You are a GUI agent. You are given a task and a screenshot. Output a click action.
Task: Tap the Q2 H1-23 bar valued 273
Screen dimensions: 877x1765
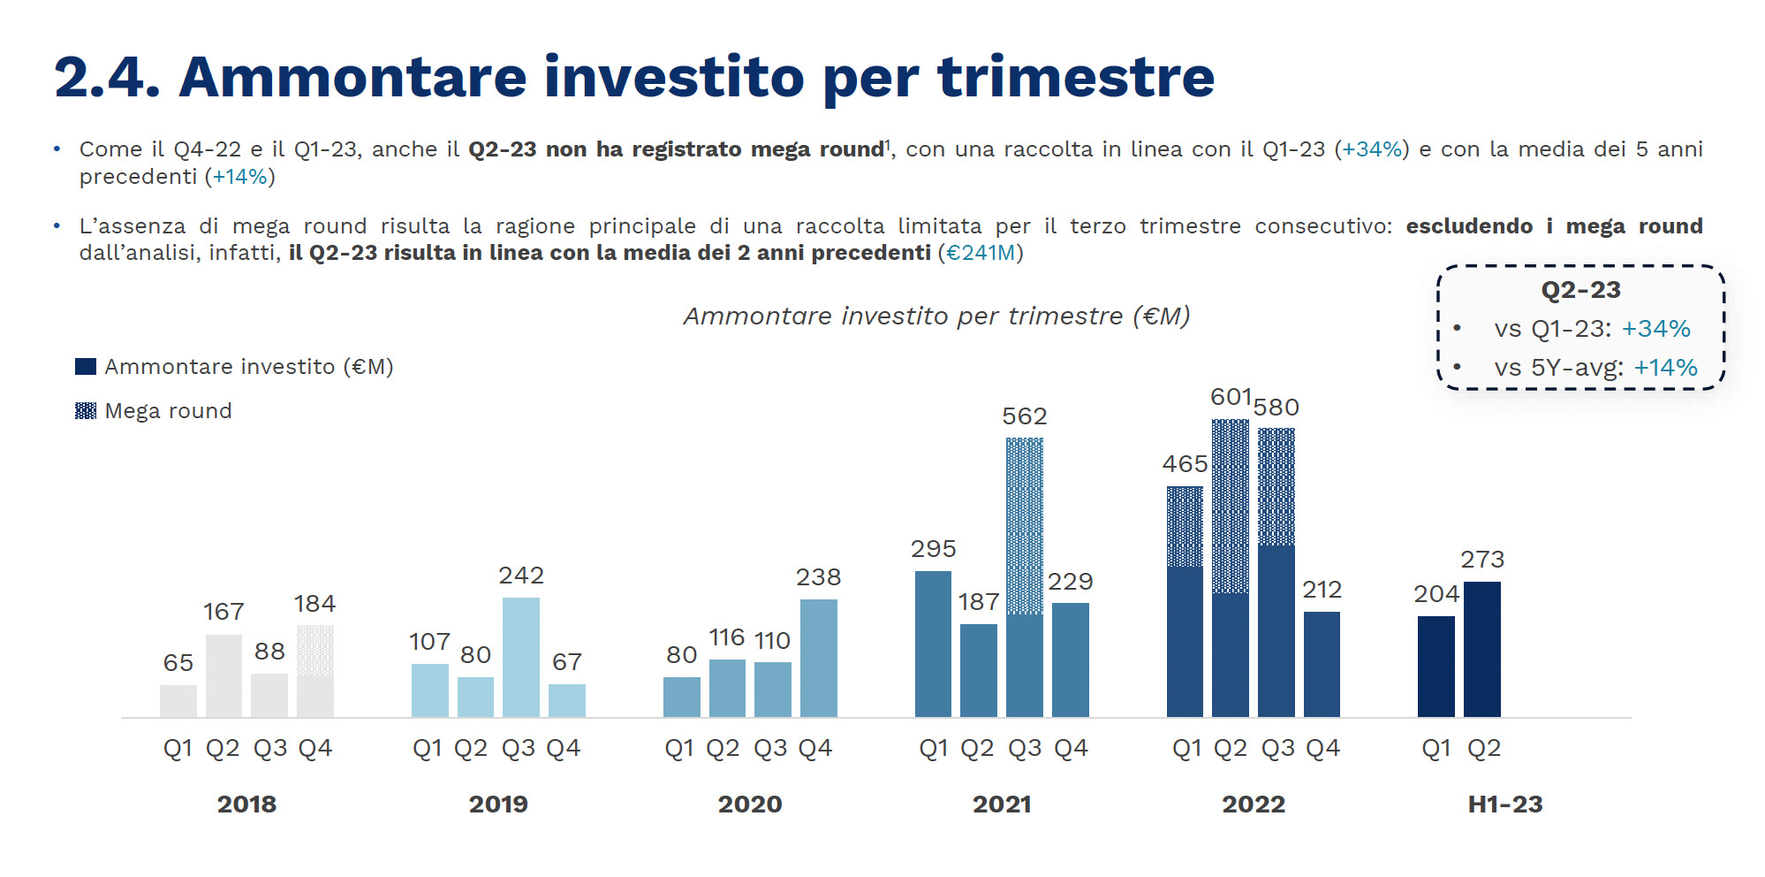[1481, 649]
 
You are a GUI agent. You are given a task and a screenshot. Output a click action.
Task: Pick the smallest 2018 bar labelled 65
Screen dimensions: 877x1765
[178, 700]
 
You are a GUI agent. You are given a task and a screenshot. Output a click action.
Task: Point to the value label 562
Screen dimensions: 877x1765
[1024, 416]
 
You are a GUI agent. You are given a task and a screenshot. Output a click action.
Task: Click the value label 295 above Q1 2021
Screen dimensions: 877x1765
[933, 549]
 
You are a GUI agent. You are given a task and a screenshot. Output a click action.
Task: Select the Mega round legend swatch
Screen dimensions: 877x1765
[86, 411]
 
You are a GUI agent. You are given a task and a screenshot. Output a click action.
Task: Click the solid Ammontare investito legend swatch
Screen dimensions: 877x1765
[86, 367]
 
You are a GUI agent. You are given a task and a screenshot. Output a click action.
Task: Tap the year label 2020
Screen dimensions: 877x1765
[749, 805]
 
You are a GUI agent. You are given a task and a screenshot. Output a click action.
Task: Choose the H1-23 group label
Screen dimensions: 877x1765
[1504, 805]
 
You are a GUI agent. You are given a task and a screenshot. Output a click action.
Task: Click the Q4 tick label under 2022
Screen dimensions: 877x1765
[1322, 749]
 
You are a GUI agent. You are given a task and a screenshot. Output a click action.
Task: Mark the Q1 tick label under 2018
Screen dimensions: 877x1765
[178, 749]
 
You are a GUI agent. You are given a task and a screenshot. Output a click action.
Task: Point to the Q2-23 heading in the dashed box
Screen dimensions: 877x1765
[1580, 290]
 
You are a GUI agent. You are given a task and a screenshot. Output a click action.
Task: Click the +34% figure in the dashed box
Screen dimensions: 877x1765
[1655, 329]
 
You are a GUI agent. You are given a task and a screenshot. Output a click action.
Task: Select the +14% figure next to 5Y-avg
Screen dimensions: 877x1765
[1665, 368]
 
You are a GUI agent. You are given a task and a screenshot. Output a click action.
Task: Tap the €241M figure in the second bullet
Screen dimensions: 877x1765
[981, 254]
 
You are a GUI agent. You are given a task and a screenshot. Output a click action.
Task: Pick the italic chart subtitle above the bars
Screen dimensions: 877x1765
[936, 316]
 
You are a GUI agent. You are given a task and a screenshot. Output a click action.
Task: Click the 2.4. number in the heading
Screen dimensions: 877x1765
[107, 78]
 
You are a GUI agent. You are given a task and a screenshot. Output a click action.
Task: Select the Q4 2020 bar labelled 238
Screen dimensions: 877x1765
[818, 658]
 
